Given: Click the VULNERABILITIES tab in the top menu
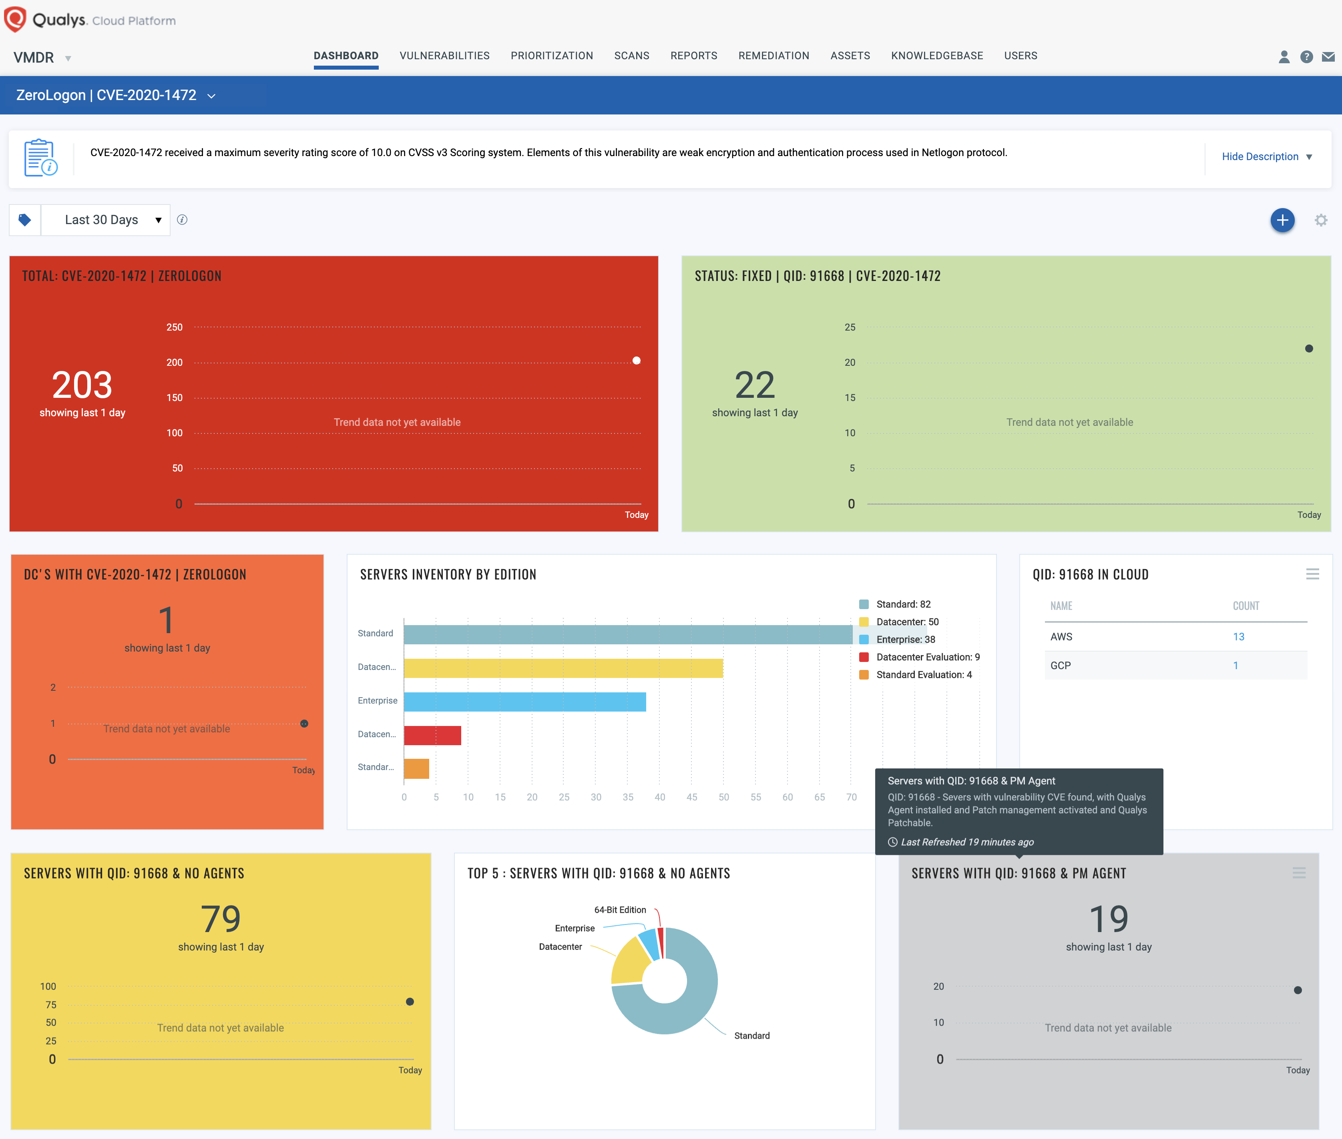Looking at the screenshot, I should pos(444,56).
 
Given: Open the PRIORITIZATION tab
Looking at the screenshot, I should pos(552,56).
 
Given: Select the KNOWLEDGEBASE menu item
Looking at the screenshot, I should pos(936,56).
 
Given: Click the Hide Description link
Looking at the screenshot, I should pos(1260,156).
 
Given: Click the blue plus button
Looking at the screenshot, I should pos(1282,220).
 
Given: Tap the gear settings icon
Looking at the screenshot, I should pos(1321,220).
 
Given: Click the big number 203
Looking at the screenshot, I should pos(82,385).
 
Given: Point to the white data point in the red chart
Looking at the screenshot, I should pos(636,360).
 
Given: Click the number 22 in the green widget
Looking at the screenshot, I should pos(754,385).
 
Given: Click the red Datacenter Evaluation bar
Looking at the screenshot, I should pos(432,735).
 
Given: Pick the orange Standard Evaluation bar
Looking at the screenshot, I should pos(416,768).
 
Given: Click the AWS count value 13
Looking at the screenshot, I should pos(1238,637).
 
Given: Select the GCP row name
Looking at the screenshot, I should pos(1061,665).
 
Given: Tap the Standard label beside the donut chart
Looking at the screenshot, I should pos(752,1036).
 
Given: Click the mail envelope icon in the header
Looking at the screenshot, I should pos(1328,57).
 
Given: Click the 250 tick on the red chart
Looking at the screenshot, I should pos(175,327).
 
